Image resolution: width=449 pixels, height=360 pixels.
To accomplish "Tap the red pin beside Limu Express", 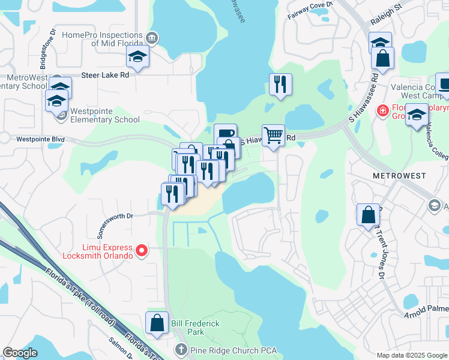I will pyautogui.click(x=142, y=250).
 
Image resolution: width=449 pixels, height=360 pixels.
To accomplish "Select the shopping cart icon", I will pyautogui.click(x=273, y=136).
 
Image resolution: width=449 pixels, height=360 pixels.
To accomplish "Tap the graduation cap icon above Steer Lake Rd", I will pyautogui.click(x=137, y=58).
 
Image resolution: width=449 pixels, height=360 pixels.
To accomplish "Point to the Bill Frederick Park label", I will pyautogui.click(x=196, y=328).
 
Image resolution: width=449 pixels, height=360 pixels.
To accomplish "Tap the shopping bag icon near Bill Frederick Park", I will pyautogui.click(x=157, y=322).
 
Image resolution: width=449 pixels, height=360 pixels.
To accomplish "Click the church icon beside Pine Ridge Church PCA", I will pyautogui.click(x=182, y=349).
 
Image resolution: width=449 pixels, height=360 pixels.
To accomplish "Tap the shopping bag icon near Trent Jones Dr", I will pyautogui.click(x=368, y=214).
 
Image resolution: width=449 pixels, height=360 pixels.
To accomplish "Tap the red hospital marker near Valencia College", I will pyautogui.click(x=381, y=110).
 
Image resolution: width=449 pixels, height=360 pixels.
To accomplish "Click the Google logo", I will pyautogui.click(x=20, y=353).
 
